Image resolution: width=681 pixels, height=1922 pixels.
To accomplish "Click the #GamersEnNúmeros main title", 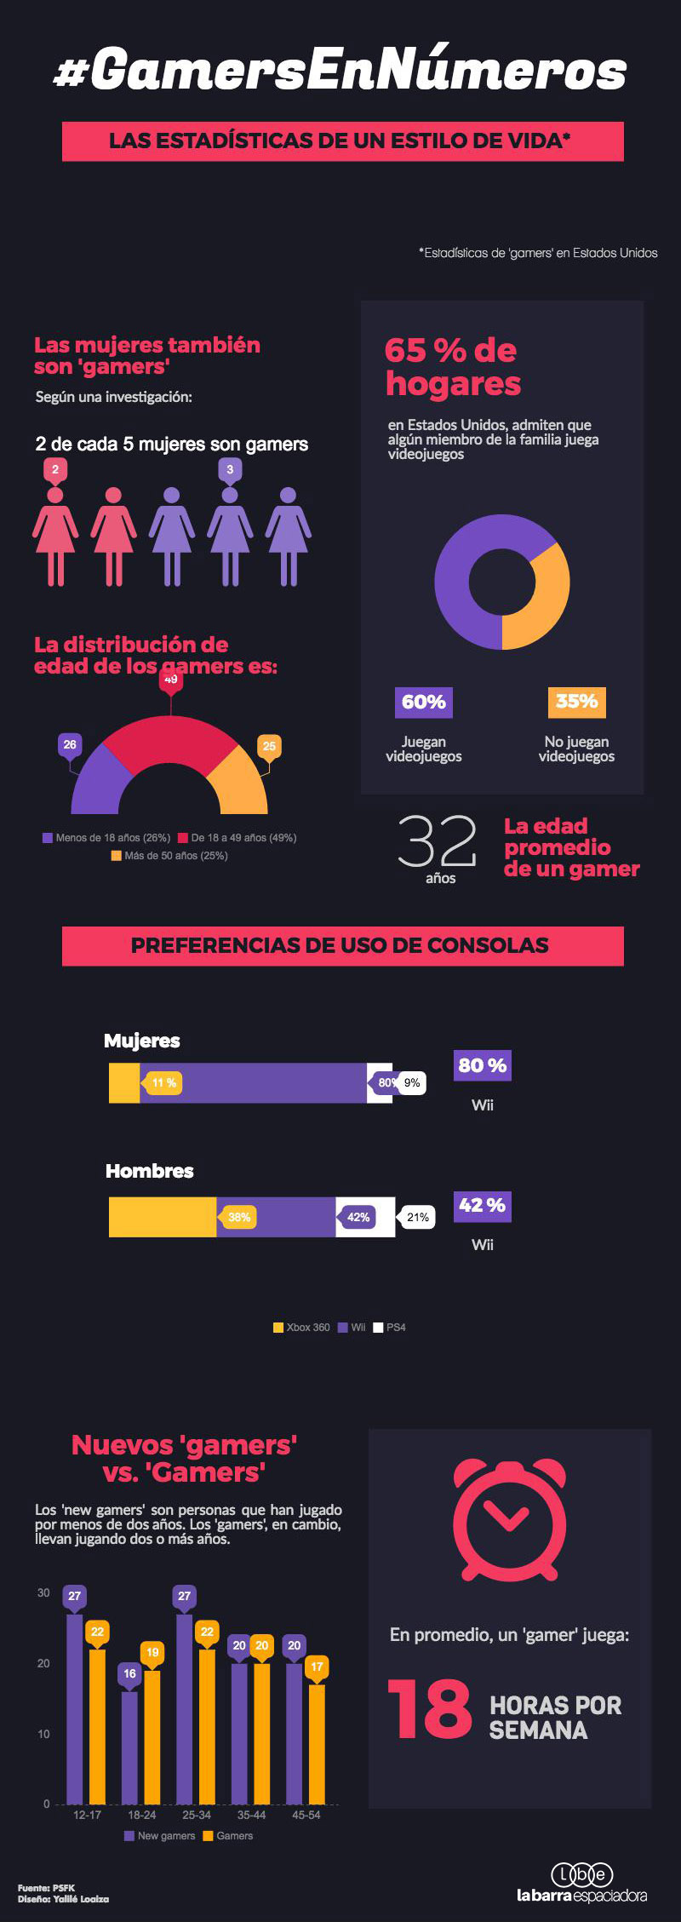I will click(340, 71).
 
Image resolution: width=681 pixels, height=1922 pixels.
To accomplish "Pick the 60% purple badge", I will click(423, 702).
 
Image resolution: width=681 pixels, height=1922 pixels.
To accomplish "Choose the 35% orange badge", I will click(576, 702).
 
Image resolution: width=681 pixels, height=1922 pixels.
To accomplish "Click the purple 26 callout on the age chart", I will click(69, 744).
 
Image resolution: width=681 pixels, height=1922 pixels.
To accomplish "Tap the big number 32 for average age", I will click(438, 841).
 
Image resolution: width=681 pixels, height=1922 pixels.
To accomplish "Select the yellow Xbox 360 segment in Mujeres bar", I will click(123, 1082).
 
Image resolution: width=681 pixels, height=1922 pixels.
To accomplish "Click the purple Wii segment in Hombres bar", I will click(277, 1217).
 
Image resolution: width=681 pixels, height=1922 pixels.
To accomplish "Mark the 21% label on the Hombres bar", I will click(417, 1217).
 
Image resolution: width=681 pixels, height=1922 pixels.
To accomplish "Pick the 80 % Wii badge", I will click(483, 1065).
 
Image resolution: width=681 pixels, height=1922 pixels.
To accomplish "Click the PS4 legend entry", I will click(390, 1327).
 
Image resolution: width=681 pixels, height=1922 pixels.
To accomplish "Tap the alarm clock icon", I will click(509, 1518).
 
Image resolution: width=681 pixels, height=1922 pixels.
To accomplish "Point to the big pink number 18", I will click(430, 1709).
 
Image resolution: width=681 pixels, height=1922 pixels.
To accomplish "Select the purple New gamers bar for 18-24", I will click(129, 1746).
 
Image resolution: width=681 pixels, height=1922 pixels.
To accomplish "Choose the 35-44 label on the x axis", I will click(251, 1815).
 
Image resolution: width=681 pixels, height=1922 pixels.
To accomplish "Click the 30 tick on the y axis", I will click(43, 1592).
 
